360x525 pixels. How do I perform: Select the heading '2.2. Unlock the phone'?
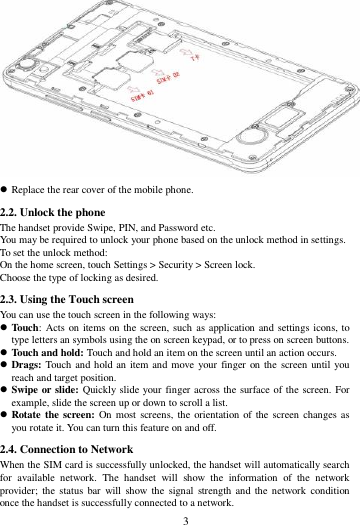[x=54, y=213]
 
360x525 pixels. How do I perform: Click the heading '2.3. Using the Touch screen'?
[x=67, y=299]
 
